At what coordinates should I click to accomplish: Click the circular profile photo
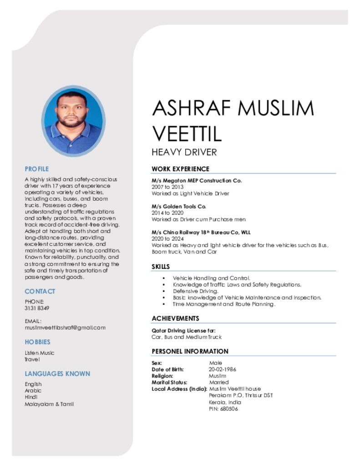(x=73, y=121)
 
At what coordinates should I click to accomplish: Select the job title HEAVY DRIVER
(x=184, y=152)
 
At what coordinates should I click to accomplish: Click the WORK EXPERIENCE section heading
(x=180, y=169)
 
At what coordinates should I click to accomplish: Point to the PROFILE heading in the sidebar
(x=36, y=169)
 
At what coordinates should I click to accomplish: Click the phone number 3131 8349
(x=37, y=308)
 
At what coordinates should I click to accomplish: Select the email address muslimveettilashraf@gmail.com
(x=65, y=327)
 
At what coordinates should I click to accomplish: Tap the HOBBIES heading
(x=37, y=342)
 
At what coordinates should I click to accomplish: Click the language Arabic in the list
(x=33, y=390)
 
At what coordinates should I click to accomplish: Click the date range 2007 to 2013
(x=167, y=187)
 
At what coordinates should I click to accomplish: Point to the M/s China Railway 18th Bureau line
(x=201, y=232)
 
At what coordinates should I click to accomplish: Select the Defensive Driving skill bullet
(x=196, y=291)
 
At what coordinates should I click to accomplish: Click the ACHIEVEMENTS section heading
(x=175, y=319)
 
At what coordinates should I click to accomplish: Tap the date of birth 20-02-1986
(x=222, y=370)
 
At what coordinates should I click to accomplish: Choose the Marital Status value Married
(x=218, y=383)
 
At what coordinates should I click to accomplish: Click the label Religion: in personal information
(x=162, y=376)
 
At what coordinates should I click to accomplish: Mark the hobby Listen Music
(x=40, y=353)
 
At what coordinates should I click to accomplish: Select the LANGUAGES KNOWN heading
(x=57, y=374)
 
